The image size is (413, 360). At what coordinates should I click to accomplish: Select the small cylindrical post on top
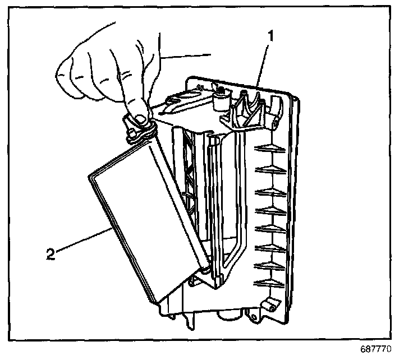(220, 99)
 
